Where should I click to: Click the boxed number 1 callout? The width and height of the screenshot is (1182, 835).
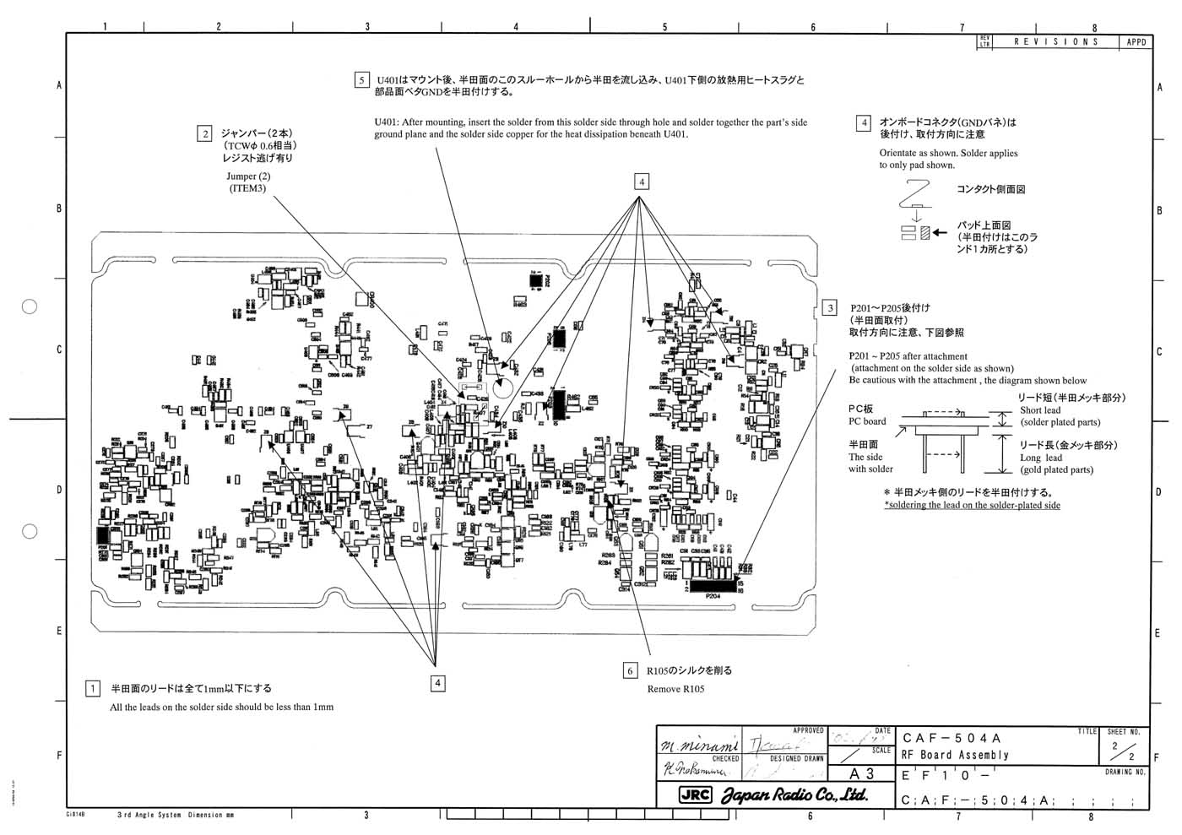pos(94,688)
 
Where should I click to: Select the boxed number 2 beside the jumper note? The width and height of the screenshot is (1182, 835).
pos(204,133)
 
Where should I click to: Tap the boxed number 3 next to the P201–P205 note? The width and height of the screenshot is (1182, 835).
pos(831,308)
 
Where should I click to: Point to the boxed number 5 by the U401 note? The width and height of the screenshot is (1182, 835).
pos(361,80)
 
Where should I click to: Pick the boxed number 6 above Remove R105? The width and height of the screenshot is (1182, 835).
pos(630,670)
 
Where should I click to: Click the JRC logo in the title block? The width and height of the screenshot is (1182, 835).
pos(696,794)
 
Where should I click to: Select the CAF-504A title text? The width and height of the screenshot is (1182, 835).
pos(952,739)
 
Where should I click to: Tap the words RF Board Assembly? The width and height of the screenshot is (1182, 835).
pos(955,755)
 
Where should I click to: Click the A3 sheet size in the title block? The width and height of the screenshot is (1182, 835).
pos(861,773)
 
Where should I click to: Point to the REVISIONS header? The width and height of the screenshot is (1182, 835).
pos(1055,41)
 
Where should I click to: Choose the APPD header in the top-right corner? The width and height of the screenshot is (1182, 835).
pos(1136,41)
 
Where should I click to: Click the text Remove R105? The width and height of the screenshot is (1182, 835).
pos(675,689)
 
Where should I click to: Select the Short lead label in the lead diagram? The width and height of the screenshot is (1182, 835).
pos(1040,410)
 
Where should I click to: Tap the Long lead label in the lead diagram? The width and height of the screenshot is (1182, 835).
pos(1042,458)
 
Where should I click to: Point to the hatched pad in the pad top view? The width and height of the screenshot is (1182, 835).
pos(925,233)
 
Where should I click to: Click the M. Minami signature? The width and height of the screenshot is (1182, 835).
pos(697,746)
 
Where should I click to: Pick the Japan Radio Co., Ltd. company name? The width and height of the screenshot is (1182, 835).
pos(794,794)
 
